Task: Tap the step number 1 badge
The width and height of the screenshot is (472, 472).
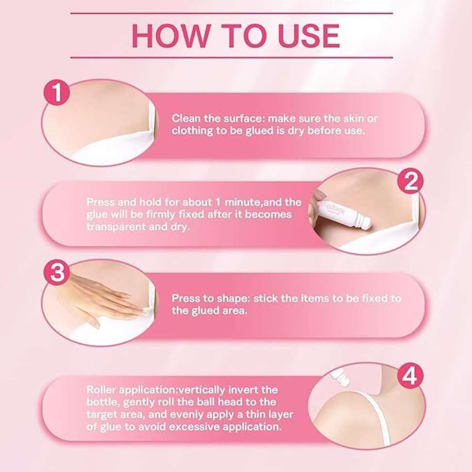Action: [57, 92]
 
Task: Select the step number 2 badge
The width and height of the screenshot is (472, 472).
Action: [410, 181]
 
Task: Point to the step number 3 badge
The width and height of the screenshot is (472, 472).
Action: [57, 273]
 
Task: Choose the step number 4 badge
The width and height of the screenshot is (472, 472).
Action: [410, 376]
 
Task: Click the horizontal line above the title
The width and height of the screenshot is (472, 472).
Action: [232, 13]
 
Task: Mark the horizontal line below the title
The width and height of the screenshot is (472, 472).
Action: [232, 57]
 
